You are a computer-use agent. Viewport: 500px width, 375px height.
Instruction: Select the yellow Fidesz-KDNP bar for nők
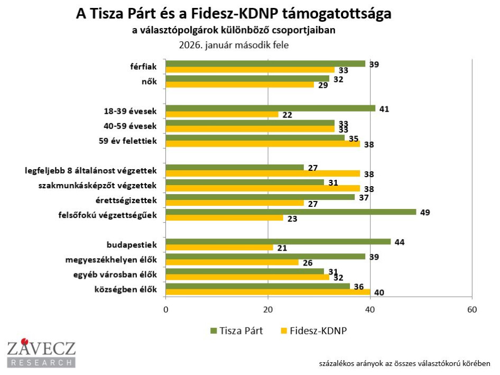coord(240,85)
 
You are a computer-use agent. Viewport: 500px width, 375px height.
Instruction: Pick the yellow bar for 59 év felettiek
coord(263,144)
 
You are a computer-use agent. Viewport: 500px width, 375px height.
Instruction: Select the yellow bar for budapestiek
coord(219,248)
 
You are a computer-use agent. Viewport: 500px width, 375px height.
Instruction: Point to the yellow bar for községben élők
coord(268,292)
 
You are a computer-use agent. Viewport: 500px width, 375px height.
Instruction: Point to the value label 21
coord(282,248)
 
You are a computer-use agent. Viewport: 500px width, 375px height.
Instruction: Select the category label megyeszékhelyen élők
coord(115,260)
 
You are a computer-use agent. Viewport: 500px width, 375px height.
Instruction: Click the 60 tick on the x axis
coord(472,310)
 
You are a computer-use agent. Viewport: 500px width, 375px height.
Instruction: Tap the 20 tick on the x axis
coord(268,310)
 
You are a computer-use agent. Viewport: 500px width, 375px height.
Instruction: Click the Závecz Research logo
coord(41,353)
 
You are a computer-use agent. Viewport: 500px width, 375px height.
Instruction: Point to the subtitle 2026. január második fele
coord(234,44)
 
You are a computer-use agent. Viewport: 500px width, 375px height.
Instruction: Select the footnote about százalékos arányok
coord(404,363)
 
